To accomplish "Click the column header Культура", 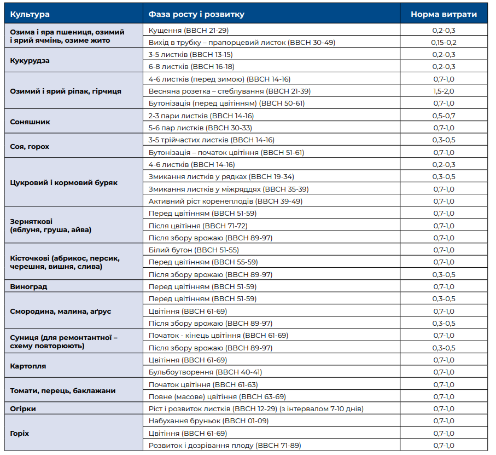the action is click(x=30, y=14).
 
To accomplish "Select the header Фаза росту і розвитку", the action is click(x=196, y=14).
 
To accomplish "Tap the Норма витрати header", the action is click(x=444, y=14).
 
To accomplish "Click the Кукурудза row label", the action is click(x=30, y=60).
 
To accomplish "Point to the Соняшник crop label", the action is click(x=30, y=122).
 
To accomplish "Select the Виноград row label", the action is click(x=28, y=286).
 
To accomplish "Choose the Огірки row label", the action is click(x=23, y=409).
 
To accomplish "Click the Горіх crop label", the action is click(x=19, y=433).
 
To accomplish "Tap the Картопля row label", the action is click(x=28, y=366).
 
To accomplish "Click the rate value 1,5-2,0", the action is click(x=444, y=91).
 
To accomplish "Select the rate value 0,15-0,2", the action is click(x=444, y=42).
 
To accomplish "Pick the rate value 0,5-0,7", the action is click(x=444, y=116).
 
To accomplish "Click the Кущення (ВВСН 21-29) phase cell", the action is click(x=189, y=31).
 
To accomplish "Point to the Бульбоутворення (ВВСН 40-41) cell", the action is click(x=205, y=372).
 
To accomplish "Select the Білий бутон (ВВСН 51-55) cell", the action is click(x=194, y=250).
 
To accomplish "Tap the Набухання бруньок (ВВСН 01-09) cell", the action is click(x=208, y=421).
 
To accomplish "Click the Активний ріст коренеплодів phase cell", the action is click(x=225, y=201).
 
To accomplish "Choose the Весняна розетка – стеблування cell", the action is click(x=230, y=91).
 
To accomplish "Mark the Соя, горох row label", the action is click(x=30, y=147).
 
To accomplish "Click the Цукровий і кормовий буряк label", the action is click(x=63, y=183).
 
